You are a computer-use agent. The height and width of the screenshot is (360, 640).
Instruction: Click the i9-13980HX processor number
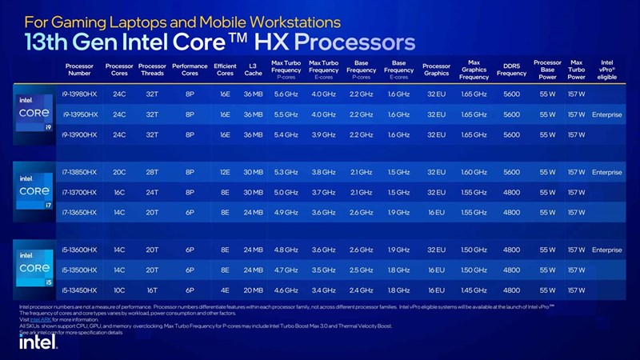[80, 94]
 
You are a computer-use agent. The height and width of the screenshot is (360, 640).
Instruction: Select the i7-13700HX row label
[80, 192]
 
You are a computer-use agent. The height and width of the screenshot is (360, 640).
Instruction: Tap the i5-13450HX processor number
[80, 290]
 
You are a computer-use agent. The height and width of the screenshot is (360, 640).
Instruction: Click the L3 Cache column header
[253, 70]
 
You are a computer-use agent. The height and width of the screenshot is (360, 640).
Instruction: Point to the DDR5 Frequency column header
[512, 70]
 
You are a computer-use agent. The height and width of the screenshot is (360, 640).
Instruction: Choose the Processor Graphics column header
[436, 70]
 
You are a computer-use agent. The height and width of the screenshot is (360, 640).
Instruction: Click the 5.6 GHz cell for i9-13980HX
[286, 94]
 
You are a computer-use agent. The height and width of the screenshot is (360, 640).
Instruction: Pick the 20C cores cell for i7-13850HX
[119, 172]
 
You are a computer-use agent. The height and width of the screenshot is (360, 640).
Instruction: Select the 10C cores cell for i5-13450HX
[119, 290]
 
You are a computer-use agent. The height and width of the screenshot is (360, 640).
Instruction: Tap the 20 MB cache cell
[253, 290]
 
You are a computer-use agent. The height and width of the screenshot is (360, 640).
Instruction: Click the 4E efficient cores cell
[225, 290]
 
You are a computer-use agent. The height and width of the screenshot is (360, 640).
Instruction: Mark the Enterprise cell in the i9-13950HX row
[606, 114]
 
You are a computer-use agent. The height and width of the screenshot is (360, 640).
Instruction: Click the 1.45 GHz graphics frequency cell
[474, 290]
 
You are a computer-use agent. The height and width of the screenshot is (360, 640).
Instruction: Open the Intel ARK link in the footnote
[39, 318]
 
